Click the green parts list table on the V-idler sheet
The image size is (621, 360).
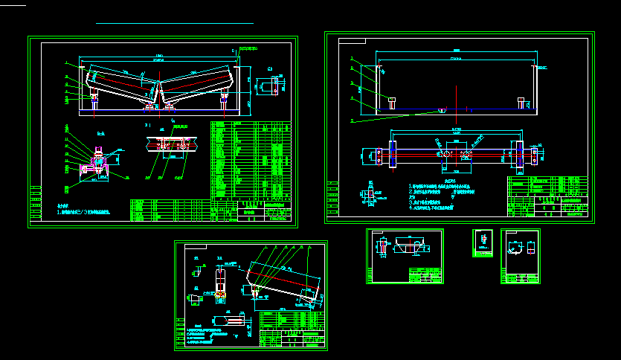249,160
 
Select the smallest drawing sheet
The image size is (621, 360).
483,242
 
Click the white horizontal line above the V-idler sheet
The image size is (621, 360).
175,24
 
